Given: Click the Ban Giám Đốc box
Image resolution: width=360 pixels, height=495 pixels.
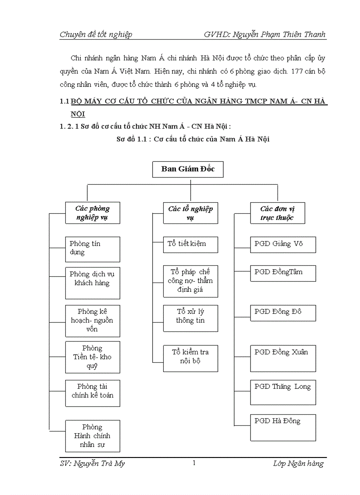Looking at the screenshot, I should tap(188, 169).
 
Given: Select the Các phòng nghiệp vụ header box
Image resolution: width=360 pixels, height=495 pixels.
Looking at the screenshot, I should tap(92, 213).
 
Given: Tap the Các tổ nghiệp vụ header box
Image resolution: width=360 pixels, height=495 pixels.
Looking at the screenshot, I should tap(190, 213).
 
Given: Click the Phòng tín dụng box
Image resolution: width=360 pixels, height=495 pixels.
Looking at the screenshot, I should tap(92, 249).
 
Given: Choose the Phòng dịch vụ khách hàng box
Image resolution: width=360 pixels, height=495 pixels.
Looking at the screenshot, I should tap(92, 279).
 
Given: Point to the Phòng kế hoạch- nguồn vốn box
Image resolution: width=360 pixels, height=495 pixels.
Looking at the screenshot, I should tap(92, 320).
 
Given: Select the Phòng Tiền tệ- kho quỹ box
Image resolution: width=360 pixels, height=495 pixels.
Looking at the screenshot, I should tap(92, 357).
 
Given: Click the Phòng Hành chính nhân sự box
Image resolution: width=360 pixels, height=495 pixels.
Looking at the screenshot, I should tap(92, 435).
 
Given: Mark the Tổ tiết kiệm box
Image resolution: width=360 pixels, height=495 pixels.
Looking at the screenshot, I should tap(190, 244).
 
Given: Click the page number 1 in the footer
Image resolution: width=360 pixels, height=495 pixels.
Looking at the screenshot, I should tap(194, 463).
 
